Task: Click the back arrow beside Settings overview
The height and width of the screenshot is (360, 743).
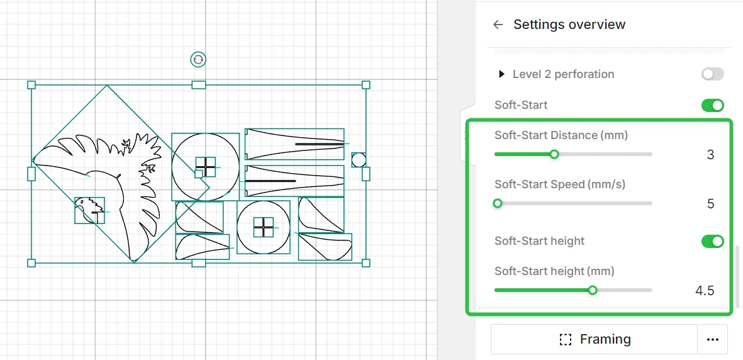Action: click(x=498, y=25)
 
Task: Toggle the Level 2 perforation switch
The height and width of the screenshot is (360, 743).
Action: click(x=713, y=74)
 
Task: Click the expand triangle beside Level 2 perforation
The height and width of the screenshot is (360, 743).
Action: click(x=501, y=74)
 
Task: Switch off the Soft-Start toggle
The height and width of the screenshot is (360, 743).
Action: click(x=713, y=105)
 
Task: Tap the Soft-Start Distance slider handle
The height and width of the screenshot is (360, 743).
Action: click(x=554, y=154)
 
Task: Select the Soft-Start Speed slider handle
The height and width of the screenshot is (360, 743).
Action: click(x=497, y=203)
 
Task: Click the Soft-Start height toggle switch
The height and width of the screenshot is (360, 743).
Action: click(x=713, y=242)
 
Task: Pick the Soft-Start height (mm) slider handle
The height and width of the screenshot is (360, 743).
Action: click(x=592, y=290)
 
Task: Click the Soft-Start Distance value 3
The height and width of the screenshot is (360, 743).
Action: click(x=710, y=155)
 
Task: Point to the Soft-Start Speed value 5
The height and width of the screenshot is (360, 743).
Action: click(x=710, y=204)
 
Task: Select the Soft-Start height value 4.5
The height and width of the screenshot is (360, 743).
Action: click(x=705, y=291)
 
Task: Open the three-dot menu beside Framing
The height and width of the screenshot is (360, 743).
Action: click(x=713, y=340)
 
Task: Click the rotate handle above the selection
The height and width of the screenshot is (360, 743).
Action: click(x=198, y=59)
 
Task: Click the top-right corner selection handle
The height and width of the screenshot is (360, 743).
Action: click(x=366, y=85)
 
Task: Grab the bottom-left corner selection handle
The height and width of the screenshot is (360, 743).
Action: click(x=31, y=263)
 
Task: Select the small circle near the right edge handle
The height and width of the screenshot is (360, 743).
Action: click(x=359, y=160)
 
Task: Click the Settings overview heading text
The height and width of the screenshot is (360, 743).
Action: click(x=569, y=25)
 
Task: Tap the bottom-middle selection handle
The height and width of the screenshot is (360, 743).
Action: click(x=199, y=263)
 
